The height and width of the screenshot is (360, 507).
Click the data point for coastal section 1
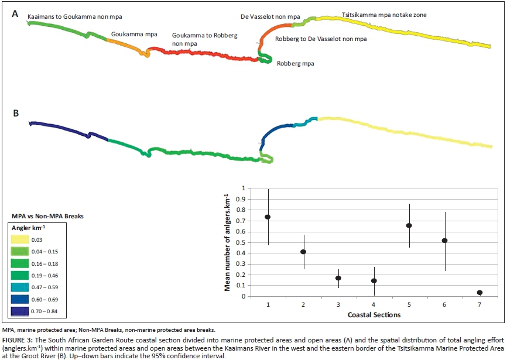click(x=268, y=217)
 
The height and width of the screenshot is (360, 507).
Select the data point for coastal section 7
click(x=480, y=293)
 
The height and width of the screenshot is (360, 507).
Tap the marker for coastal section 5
click(x=409, y=225)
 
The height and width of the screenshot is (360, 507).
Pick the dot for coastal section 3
click(x=338, y=278)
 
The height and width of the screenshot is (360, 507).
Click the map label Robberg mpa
click(x=295, y=63)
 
